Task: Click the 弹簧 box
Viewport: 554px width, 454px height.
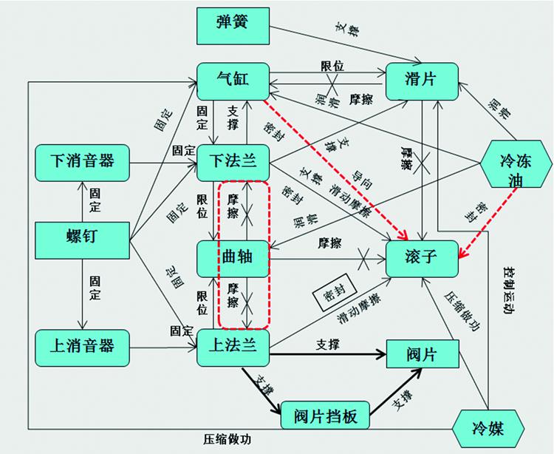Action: tap(233, 25)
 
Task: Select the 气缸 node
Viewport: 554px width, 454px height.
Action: tap(233, 80)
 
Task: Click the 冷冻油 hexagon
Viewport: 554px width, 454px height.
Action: tap(516, 162)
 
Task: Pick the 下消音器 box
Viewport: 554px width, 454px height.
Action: tap(82, 160)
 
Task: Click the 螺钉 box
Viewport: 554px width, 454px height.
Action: tap(82, 237)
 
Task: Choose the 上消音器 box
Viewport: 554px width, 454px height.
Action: tap(82, 346)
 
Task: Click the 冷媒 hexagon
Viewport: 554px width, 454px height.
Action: tap(489, 427)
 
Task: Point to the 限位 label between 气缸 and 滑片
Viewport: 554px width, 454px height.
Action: tap(331, 65)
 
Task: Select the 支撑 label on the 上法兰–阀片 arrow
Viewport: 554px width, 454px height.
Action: tap(327, 345)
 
